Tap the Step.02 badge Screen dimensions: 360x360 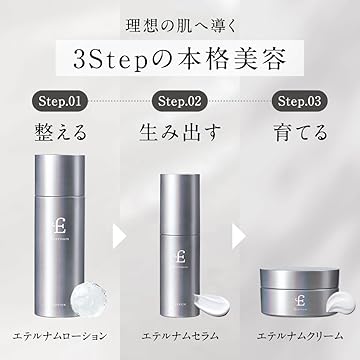click(x=180, y=100)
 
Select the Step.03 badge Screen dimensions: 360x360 click(x=297, y=100)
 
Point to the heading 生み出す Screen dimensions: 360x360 click(x=180, y=131)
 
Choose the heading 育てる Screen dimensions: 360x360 click(x=297, y=131)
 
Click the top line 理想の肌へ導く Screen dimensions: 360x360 click(x=180, y=22)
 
